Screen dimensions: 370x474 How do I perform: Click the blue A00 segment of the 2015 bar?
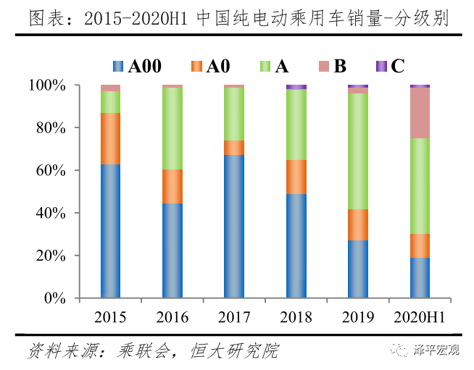click(x=110, y=231)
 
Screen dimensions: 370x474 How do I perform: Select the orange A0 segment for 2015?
click(x=110, y=138)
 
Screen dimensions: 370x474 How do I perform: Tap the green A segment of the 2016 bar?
click(x=172, y=128)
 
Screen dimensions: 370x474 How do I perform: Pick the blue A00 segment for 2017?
click(x=234, y=226)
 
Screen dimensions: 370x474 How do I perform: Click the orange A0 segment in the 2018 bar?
click(x=296, y=177)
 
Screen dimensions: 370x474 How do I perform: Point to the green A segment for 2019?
click(x=357, y=151)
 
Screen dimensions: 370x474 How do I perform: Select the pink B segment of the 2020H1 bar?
click(x=420, y=112)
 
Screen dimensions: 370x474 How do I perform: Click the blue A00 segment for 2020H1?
click(x=420, y=277)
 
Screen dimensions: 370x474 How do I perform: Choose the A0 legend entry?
click(x=210, y=67)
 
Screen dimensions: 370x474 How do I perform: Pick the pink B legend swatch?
click(x=323, y=67)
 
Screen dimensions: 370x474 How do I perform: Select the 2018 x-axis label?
click(x=296, y=317)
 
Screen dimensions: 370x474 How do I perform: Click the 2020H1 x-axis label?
click(x=420, y=317)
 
